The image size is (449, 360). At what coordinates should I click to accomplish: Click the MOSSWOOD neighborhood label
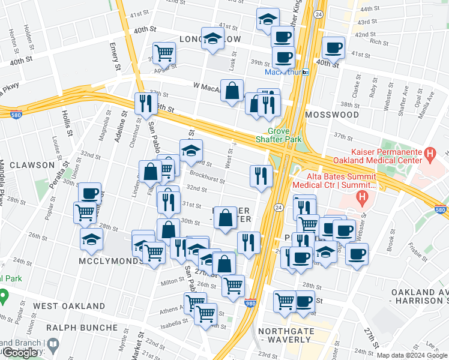click(x=331, y=114)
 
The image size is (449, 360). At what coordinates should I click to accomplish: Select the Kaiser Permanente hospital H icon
click(x=429, y=155)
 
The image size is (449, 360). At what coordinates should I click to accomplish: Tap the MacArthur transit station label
click(x=282, y=72)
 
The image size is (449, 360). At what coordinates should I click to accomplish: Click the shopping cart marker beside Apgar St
click(x=164, y=52)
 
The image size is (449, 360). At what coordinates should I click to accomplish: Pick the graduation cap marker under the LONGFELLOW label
click(x=212, y=39)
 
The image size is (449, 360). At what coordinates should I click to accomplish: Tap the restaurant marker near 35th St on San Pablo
click(x=144, y=103)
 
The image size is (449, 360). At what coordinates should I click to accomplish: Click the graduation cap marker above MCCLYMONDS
click(x=91, y=238)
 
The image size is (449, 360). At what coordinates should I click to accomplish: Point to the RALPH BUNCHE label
click(x=82, y=328)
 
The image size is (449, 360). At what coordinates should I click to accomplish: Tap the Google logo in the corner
click(x=21, y=353)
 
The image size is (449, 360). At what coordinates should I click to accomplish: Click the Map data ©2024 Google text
click(x=411, y=355)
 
